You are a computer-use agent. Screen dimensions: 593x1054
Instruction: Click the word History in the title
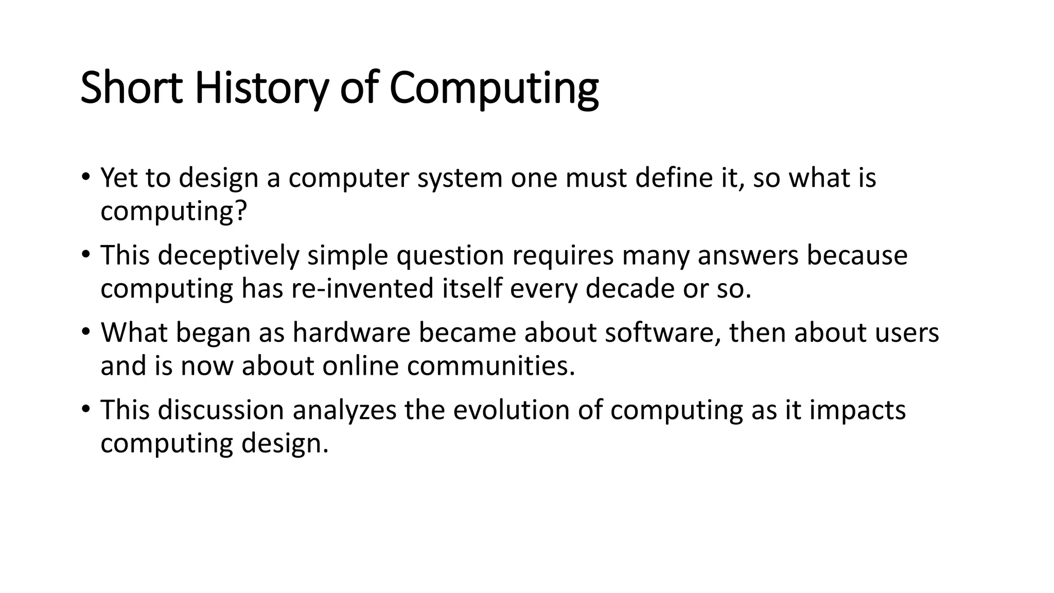pyautogui.click(x=260, y=89)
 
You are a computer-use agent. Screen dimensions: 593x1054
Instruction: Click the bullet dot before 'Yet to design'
pyautogui.click(x=85, y=176)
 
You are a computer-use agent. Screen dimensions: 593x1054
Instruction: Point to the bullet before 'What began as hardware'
pyautogui.click(x=85, y=331)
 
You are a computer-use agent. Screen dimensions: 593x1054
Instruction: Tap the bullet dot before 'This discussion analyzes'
pyautogui.click(x=85, y=409)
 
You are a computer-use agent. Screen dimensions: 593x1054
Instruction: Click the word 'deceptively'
pyautogui.click(x=228, y=255)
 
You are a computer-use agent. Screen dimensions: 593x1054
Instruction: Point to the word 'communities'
pyautogui.click(x=490, y=366)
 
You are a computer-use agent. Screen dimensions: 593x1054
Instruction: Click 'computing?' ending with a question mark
pyautogui.click(x=174, y=211)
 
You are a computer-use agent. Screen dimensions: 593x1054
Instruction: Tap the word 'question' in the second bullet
pyautogui.click(x=450, y=255)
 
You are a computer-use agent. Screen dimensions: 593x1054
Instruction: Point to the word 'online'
pyautogui.click(x=360, y=366)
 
